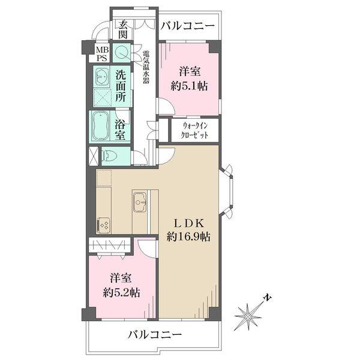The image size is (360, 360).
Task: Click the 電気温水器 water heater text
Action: (x=145, y=67)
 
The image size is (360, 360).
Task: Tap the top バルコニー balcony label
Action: (x=188, y=26)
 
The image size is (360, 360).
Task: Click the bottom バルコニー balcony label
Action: (x=154, y=335)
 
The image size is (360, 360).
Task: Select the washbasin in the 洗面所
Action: (x=101, y=77)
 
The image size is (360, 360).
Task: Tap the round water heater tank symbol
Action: (x=122, y=53)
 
